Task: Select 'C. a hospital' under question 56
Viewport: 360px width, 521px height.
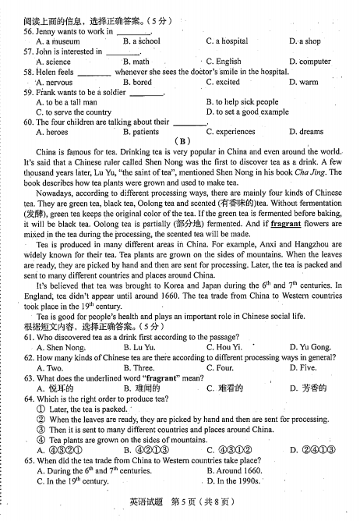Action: pyautogui.click(x=227, y=41)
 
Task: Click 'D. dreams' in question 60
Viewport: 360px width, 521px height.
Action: pyautogui.click(x=305, y=132)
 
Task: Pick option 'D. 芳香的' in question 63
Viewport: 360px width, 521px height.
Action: pyautogui.click(x=308, y=388)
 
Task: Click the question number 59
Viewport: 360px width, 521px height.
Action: pyautogui.click(x=29, y=91)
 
